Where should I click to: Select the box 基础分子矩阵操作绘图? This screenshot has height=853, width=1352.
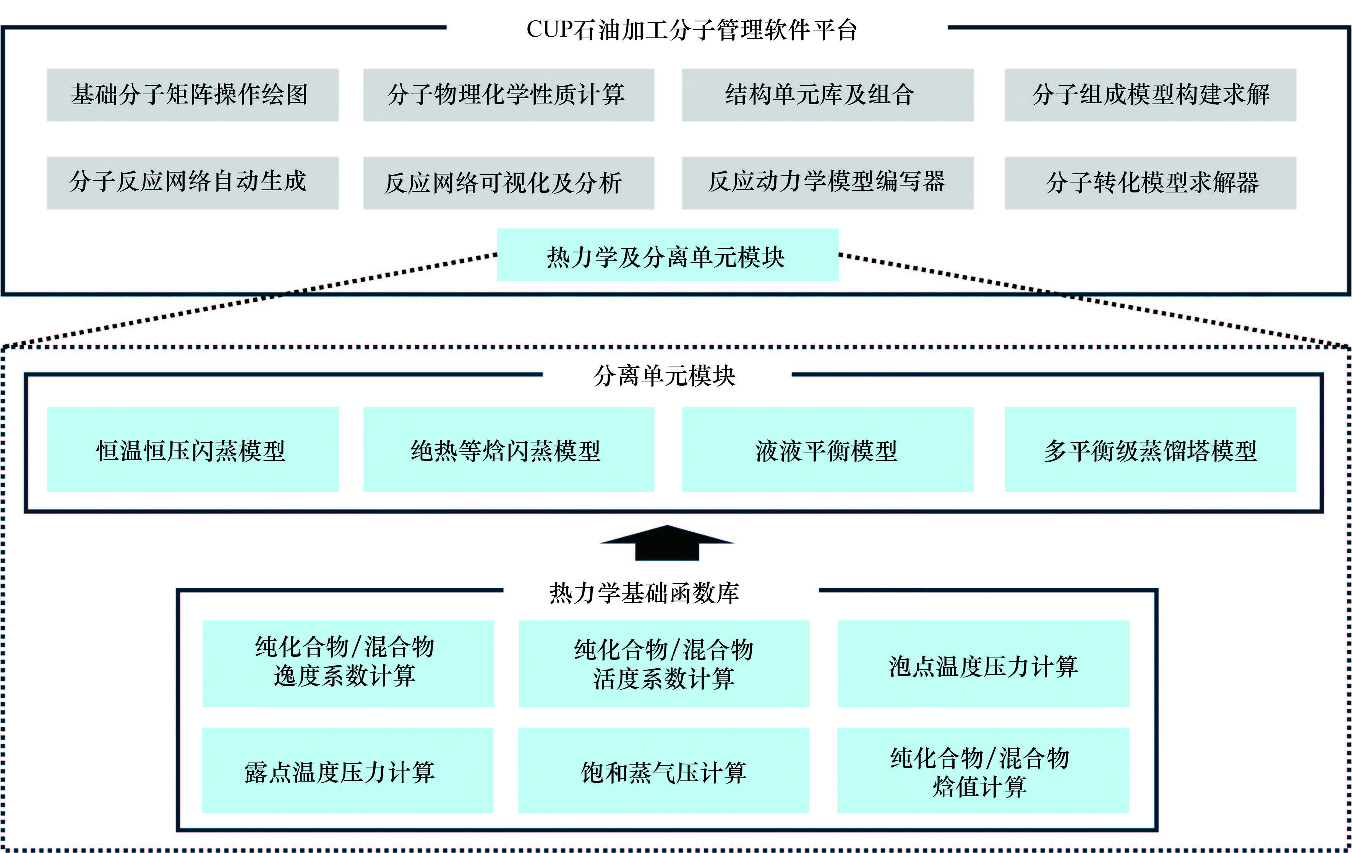pyautogui.click(x=193, y=95)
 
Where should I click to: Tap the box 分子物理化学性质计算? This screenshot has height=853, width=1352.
pyautogui.click(x=508, y=95)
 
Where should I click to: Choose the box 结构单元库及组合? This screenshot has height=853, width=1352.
pyautogui.click(x=827, y=95)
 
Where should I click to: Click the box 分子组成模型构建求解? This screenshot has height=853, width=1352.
pyautogui.click(x=1150, y=95)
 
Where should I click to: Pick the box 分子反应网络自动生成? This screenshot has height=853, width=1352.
pyautogui.click(x=193, y=183)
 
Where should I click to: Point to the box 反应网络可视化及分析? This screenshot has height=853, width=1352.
pyautogui.click(x=508, y=183)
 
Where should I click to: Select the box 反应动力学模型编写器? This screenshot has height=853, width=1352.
pyautogui.click(x=827, y=183)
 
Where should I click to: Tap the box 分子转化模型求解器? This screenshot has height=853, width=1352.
pyautogui.click(x=1150, y=183)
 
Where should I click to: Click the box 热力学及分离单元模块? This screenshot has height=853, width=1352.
pyautogui.click(x=667, y=255)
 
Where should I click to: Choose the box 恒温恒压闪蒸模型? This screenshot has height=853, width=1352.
pyautogui.click(x=193, y=449)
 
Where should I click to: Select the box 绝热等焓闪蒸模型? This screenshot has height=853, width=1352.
pyautogui.click(x=508, y=449)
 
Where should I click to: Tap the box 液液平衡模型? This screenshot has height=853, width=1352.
pyautogui.click(x=827, y=449)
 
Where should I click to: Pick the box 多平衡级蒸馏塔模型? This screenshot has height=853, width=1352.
pyautogui.click(x=1150, y=449)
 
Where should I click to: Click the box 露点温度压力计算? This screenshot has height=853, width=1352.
pyautogui.click(x=347, y=771)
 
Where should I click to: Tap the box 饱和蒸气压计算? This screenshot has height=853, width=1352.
pyautogui.click(x=663, y=771)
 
